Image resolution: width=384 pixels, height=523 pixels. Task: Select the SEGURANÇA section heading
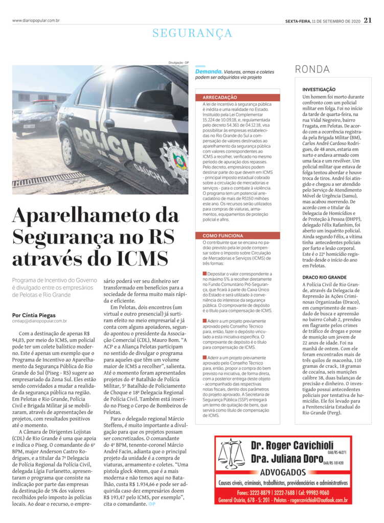[192, 33]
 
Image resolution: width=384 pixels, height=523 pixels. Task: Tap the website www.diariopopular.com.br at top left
[36, 20]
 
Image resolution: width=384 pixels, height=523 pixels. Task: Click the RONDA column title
[312, 69]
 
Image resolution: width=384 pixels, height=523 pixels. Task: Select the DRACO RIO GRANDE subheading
[327, 276]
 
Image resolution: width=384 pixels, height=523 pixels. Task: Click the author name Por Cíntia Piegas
[34, 315]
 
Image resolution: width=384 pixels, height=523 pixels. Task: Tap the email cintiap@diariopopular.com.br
[39, 321]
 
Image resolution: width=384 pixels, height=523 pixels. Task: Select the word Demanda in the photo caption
[208, 72]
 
